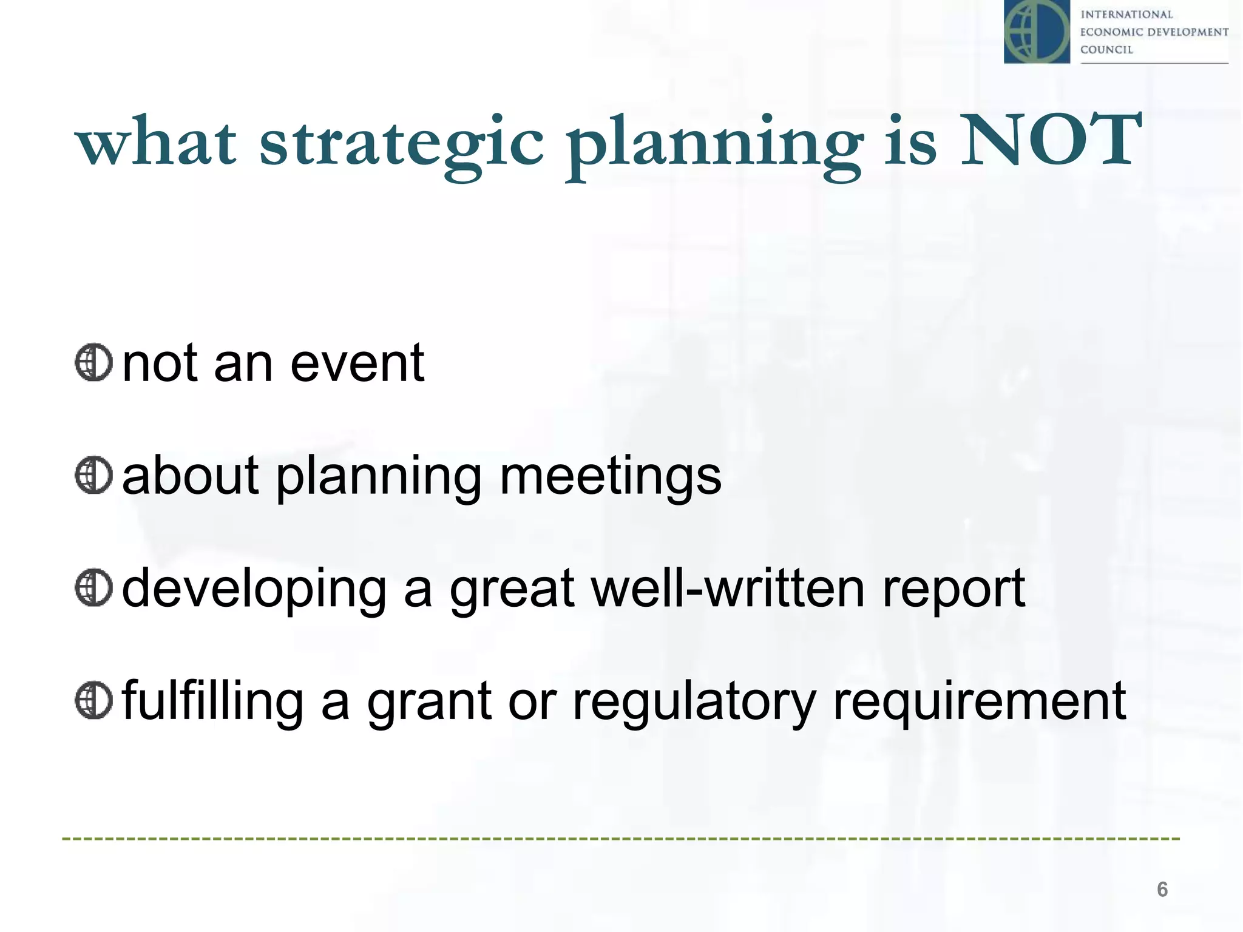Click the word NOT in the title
1050,141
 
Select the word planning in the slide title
715,146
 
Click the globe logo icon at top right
1037,32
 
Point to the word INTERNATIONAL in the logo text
1126,15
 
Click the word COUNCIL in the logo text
1106,50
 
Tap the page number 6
1162,889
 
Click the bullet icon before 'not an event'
93,363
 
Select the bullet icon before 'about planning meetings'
93,476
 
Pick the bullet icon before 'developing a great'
93,587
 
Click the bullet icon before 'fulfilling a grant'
93,700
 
